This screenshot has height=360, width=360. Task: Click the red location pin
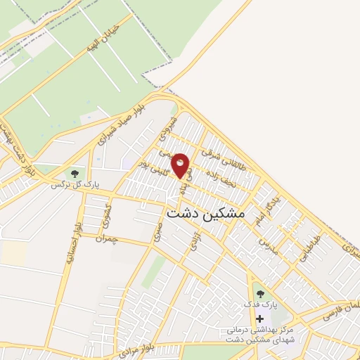tap(180, 165)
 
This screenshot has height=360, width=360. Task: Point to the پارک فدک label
tap(266, 305)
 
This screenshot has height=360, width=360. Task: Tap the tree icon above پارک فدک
tap(260, 293)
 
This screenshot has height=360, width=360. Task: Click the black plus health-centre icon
tap(260, 319)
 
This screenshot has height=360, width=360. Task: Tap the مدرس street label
tap(269, 245)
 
